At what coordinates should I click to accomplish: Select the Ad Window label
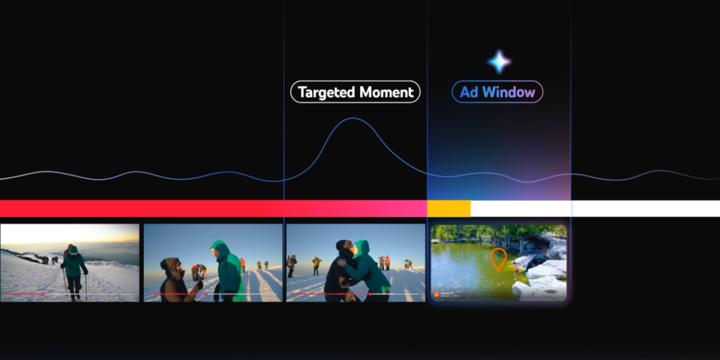497,92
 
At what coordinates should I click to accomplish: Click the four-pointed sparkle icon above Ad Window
499,62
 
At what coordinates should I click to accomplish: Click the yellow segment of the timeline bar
449,208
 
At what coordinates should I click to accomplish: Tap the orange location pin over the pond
498,259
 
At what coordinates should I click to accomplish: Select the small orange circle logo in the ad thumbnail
436,294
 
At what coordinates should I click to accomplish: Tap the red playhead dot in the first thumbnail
43,294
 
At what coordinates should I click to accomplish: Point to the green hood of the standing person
219,247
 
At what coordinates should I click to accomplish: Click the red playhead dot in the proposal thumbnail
205,294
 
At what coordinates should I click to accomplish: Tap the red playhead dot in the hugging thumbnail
369,294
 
